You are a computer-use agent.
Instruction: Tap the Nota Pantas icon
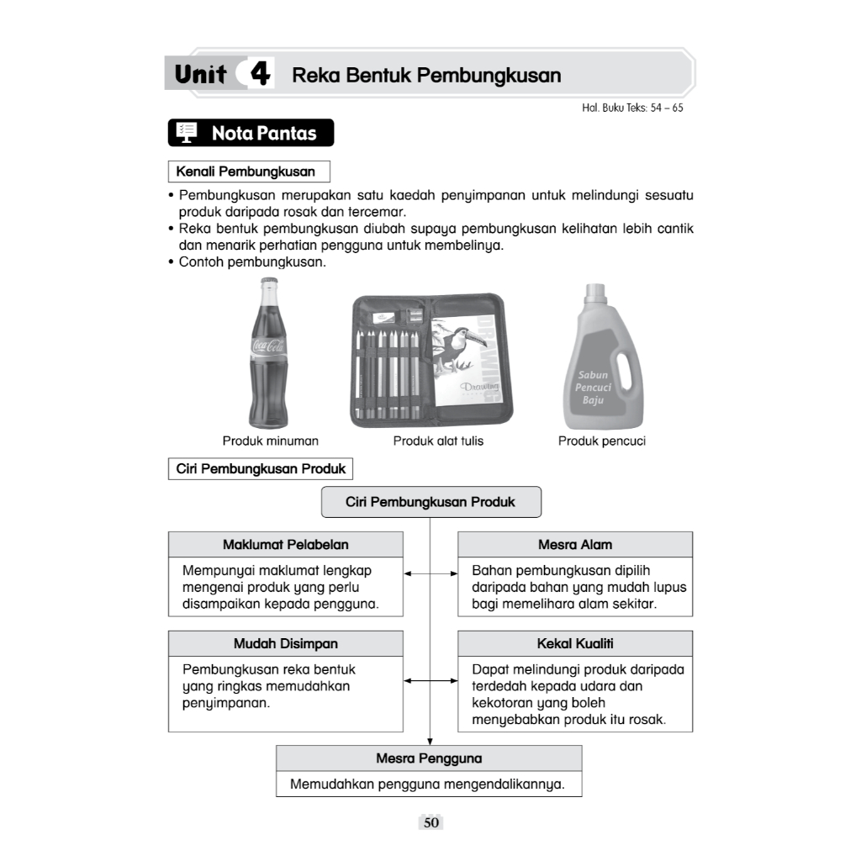point(187,133)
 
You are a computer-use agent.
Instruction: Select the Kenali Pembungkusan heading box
point(246,172)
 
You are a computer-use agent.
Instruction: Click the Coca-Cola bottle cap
point(269,283)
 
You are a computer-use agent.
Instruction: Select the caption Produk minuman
point(271,441)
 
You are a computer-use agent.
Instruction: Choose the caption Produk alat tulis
point(438,441)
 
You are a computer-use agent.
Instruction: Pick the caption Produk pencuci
point(602,441)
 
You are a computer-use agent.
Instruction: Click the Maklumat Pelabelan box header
point(286,545)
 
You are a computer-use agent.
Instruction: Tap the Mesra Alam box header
point(575,545)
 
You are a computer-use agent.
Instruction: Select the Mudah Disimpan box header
point(286,644)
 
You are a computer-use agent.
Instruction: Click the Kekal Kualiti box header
point(575,644)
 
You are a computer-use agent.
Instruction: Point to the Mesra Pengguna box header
point(429,758)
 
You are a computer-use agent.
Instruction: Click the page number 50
point(431,823)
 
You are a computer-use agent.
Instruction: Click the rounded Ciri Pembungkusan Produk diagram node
point(430,502)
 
